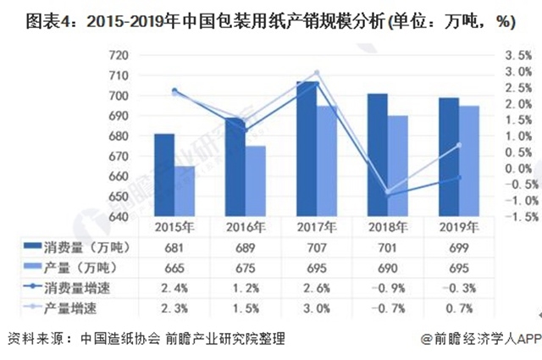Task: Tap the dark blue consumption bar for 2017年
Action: pos(306,149)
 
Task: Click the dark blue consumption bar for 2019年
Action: pos(450,158)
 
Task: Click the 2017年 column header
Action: pos(315,227)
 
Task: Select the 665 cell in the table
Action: pos(174,267)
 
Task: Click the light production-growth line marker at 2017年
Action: pos(317,73)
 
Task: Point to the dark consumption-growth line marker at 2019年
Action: pos(459,177)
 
